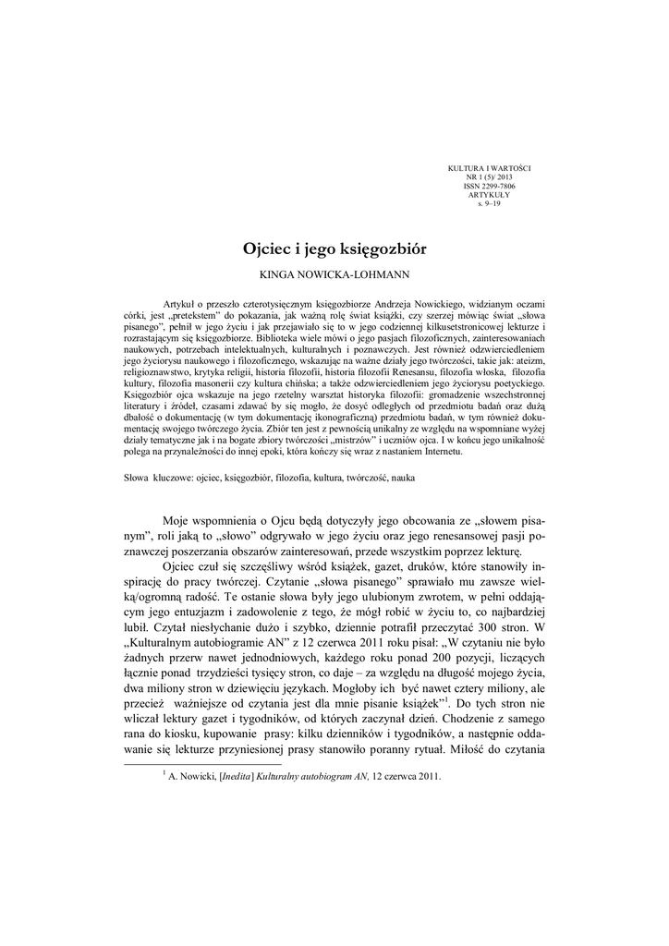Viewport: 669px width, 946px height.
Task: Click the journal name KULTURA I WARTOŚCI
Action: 490,168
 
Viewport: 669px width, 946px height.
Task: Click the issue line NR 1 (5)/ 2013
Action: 490,177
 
